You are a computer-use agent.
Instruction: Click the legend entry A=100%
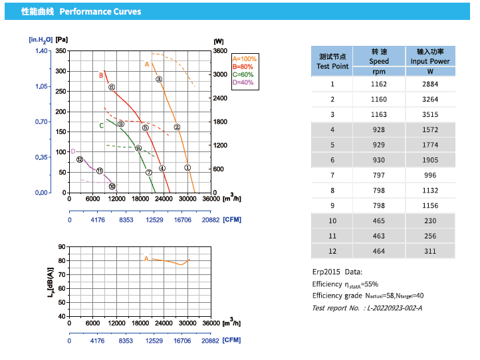244,59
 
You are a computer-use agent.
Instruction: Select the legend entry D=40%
243,82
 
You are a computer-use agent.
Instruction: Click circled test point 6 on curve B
112,87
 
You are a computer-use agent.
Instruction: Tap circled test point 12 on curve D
80,159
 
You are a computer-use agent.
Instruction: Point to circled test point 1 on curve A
187,168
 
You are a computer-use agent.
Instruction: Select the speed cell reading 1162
379,84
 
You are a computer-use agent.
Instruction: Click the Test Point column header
332,61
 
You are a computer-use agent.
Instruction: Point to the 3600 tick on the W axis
220,51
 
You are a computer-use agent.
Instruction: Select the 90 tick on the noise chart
62,246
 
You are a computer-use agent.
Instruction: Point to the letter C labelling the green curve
102,125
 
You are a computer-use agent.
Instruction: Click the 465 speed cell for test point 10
379,221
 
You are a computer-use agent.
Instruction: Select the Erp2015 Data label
337,272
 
